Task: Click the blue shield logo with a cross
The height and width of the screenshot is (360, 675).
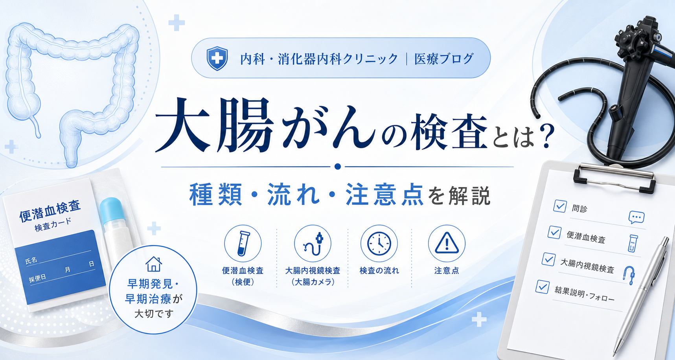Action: tap(217, 58)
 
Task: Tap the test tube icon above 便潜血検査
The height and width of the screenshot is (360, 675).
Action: tap(243, 244)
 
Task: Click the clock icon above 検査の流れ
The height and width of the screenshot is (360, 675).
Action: tap(379, 244)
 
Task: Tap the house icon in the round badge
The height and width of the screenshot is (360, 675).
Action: tap(154, 264)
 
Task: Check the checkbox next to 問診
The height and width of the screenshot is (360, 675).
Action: tap(560, 206)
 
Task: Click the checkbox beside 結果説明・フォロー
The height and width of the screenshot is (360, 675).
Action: tap(543, 287)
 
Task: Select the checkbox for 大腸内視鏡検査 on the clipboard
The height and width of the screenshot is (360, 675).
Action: tap(548, 259)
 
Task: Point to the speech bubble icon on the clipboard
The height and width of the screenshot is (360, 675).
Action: tap(636, 217)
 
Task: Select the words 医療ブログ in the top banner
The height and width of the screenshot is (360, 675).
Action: tap(444, 59)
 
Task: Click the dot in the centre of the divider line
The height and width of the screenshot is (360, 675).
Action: tap(337, 167)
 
